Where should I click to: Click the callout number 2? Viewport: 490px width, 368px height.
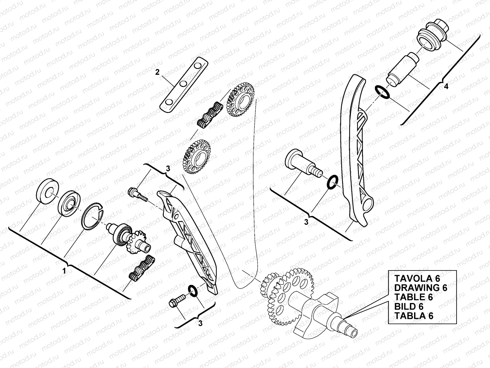pos(157,72)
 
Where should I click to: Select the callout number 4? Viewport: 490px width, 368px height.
pos(446,87)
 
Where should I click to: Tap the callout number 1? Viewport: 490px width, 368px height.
pos(64,271)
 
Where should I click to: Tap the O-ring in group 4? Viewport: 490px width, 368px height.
pos(382,92)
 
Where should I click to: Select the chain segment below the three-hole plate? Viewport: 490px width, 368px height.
pos(209,114)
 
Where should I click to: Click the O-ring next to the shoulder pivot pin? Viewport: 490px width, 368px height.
pos(332,182)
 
